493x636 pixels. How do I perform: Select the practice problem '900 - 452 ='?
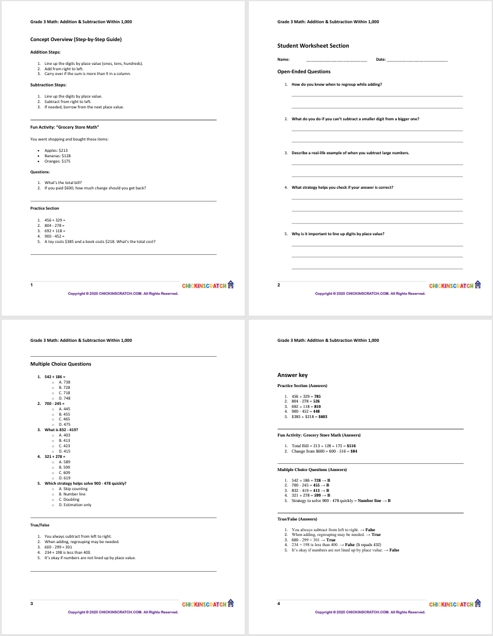[x=54, y=236]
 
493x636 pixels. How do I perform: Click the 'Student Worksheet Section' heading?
[x=313, y=46]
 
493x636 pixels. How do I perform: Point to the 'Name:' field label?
[x=283, y=60]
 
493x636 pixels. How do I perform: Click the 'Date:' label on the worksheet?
[x=381, y=60]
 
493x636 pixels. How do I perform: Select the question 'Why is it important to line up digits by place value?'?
[x=338, y=233]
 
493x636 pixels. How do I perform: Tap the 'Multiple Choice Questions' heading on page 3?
[x=61, y=364]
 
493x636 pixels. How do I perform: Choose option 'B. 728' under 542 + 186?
[x=64, y=387]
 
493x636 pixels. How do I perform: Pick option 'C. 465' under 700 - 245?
[x=64, y=419]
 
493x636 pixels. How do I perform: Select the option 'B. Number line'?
[x=73, y=494]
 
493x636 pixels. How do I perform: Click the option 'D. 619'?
[x=64, y=478]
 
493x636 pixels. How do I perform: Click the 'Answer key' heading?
[x=292, y=375]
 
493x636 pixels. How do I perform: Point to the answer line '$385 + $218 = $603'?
[x=309, y=417]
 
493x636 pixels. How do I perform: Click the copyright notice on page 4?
[x=370, y=612]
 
